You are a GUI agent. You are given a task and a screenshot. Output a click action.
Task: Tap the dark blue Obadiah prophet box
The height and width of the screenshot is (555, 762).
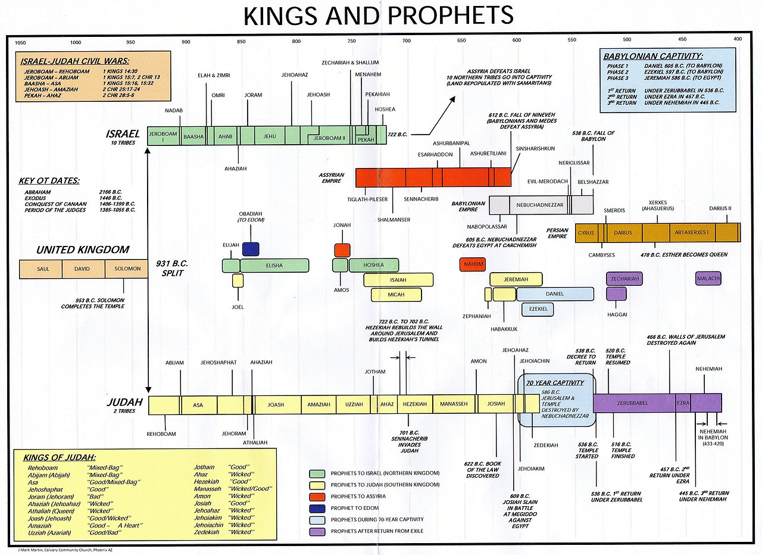(251, 249)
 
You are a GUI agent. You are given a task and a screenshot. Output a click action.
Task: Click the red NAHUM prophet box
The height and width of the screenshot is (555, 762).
(473, 264)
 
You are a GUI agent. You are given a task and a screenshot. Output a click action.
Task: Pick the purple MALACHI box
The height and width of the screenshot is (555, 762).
(708, 279)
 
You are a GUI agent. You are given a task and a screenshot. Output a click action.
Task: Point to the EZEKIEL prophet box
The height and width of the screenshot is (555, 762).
(538, 309)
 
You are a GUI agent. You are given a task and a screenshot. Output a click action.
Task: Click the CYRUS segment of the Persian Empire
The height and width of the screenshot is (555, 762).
(586, 233)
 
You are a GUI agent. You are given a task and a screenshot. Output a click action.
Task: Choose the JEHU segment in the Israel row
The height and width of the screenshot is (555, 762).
(270, 136)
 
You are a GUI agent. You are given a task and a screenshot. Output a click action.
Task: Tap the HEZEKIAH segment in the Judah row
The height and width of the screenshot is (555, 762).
(415, 404)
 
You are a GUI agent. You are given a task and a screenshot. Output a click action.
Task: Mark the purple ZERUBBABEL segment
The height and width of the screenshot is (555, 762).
(635, 403)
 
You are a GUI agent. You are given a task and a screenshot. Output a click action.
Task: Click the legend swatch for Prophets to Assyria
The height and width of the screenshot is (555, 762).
(318, 497)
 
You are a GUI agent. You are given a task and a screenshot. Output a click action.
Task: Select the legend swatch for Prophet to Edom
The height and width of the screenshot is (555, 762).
(318, 508)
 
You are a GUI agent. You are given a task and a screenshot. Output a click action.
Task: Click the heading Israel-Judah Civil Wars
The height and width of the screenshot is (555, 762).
(75, 61)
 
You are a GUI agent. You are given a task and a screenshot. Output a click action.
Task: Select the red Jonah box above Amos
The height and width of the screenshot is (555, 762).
(342, 250)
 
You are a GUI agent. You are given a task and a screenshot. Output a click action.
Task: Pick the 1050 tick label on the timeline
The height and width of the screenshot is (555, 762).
(20, 42)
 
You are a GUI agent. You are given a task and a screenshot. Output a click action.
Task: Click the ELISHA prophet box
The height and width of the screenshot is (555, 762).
(274, 266)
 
